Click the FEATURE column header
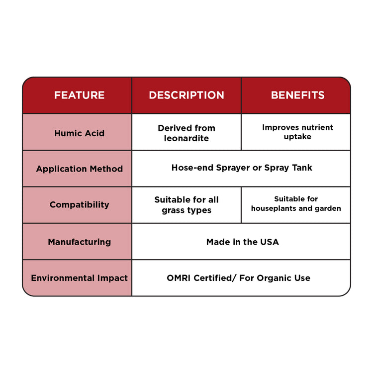(79, 95)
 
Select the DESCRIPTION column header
(186, 95)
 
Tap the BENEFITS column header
(297, 95)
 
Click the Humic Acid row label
(79, 133)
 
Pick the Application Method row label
(79, 169)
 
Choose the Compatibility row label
(79, 205)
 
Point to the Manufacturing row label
(79, 242)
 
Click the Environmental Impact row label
(79, 278)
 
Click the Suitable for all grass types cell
(186, 205)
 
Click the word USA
(269, 242)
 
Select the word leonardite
(186, 138)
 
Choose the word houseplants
(274, 208)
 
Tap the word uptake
(297, 137)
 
